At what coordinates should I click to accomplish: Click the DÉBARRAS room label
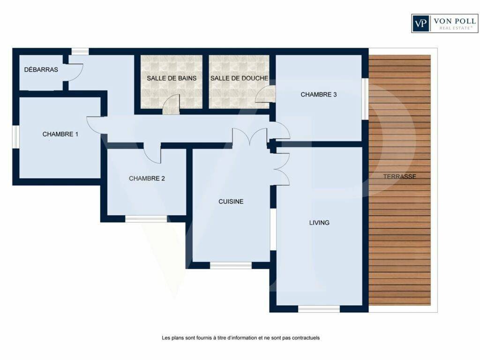[41, 69]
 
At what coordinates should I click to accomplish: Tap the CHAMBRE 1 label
[60, 134]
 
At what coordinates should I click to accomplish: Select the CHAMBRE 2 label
[147, 179]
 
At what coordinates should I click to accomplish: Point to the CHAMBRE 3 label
[319, 95]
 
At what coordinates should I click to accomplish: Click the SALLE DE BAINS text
[172, 78]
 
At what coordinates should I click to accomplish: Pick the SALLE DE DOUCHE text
[239, 78]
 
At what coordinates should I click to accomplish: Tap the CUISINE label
[231, 202]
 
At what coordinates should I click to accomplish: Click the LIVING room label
[319, 223]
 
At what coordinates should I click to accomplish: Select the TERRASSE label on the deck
[399, 177]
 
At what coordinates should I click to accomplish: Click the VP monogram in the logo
[420, 23]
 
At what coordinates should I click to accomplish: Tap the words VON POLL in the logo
[455, 21]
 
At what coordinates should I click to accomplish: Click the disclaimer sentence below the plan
[240, 338]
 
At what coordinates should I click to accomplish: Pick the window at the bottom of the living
[319, 309]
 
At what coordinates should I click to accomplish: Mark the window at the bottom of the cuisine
[231, 265]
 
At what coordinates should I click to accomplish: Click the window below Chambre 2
[146, 218]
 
